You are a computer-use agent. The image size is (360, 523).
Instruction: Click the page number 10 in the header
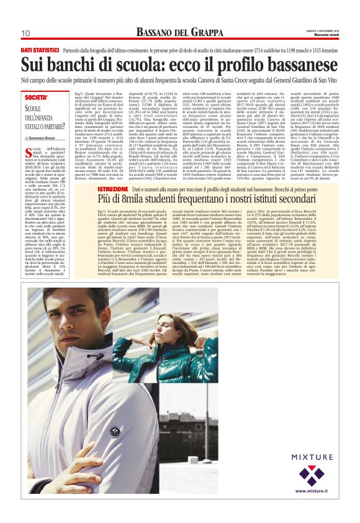(x=26, y=33)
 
